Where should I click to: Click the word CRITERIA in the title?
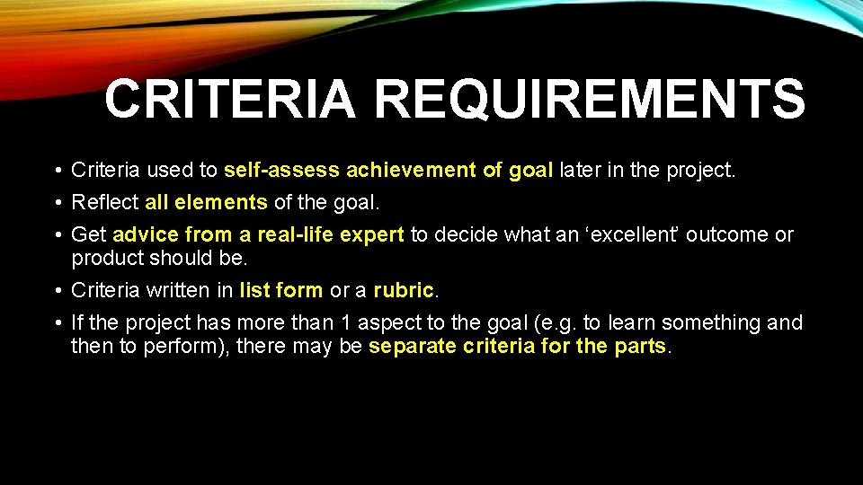tap(230, 99)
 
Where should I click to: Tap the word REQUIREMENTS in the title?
tap(590, 99)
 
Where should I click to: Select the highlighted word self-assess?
tap(281, 170)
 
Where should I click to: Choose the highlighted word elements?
tap(220, 202)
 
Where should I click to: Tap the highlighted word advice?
tap(147, 234)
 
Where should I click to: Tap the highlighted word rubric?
tap(403, 290)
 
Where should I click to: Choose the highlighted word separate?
tap(415, 346)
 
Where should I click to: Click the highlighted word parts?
tap(639, 346)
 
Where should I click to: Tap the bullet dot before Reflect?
tap(57, 203)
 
